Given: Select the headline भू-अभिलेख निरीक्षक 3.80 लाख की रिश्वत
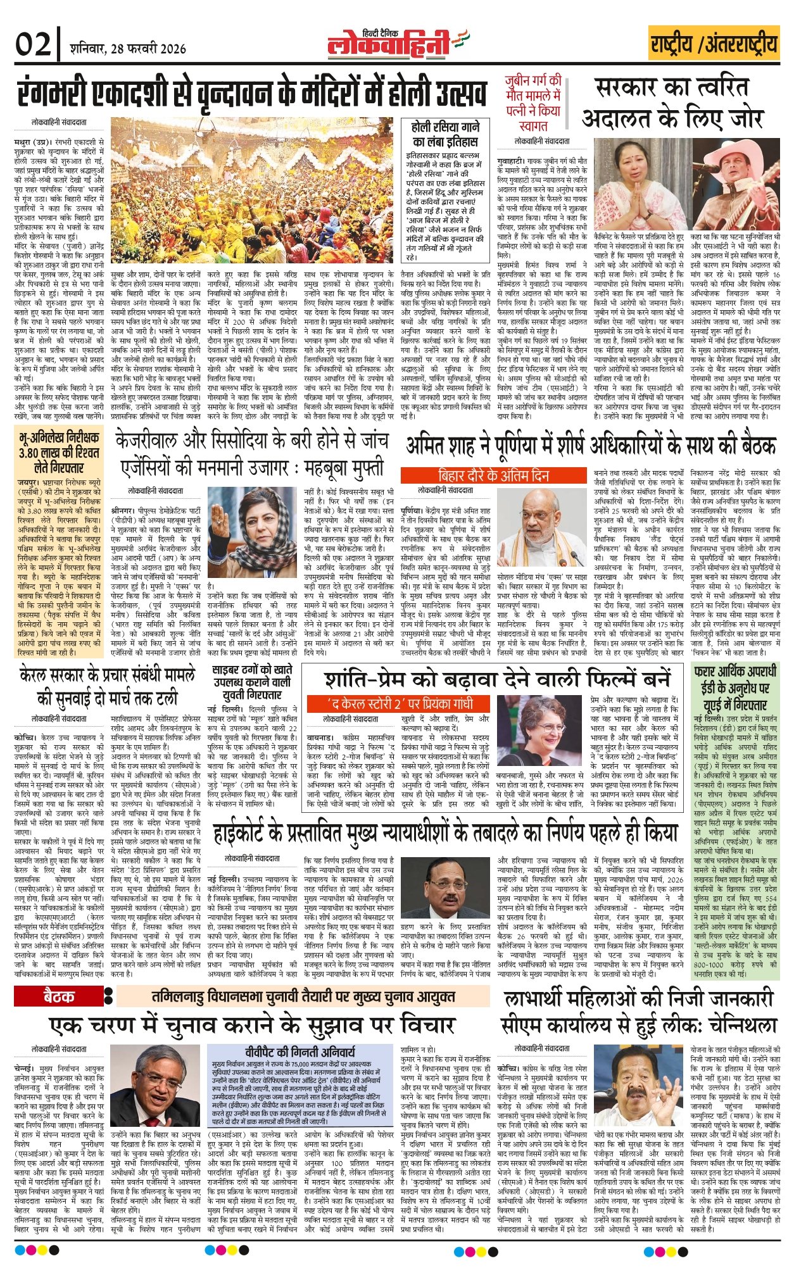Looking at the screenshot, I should pyautogui.click(x=59, y=452).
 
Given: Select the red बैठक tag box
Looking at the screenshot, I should pyautogui.click(x=58, y=996).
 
